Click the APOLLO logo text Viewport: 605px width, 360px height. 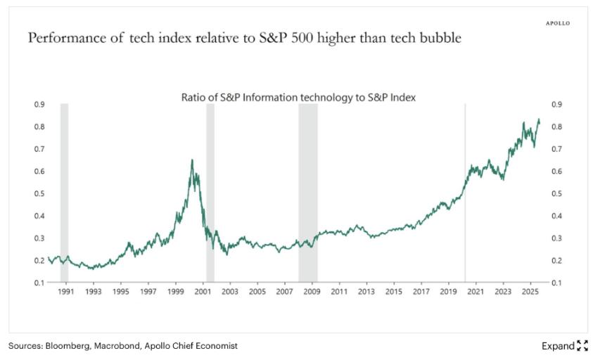[558, 23]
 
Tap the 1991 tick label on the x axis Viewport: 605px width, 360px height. [65, 290]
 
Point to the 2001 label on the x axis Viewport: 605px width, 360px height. [203, 290]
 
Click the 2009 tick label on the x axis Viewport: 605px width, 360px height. [312, 290]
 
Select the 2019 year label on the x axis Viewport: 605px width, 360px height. [448, 290]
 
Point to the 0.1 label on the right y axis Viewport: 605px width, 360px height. [557, 283]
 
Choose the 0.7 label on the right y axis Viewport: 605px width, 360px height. [557, 149]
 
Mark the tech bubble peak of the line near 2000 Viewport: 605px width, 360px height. [192, 160]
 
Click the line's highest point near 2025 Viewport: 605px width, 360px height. [539, 120]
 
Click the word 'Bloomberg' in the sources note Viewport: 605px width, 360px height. [70, 346]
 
